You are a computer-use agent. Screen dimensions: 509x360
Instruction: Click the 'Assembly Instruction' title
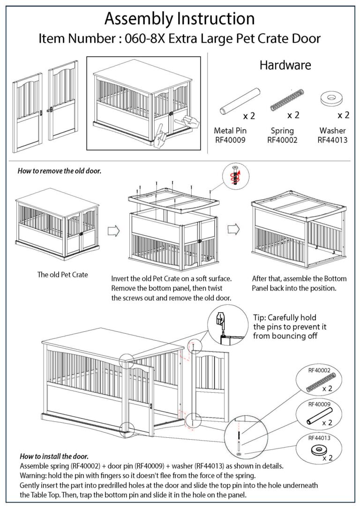180,19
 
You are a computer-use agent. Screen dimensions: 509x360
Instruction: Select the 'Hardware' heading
285,65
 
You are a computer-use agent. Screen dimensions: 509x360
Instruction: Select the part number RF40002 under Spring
282,140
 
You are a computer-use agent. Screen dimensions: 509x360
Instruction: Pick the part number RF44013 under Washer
332,140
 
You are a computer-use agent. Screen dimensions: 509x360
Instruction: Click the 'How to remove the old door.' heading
60,171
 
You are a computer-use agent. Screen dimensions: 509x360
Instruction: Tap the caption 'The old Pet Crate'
62,275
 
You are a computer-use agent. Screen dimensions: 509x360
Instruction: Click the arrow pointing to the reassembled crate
233,229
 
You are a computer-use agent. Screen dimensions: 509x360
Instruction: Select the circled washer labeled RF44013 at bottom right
319,448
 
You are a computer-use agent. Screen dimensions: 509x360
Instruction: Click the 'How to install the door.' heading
54,456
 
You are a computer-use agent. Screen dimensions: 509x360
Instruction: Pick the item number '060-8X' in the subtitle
142,39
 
